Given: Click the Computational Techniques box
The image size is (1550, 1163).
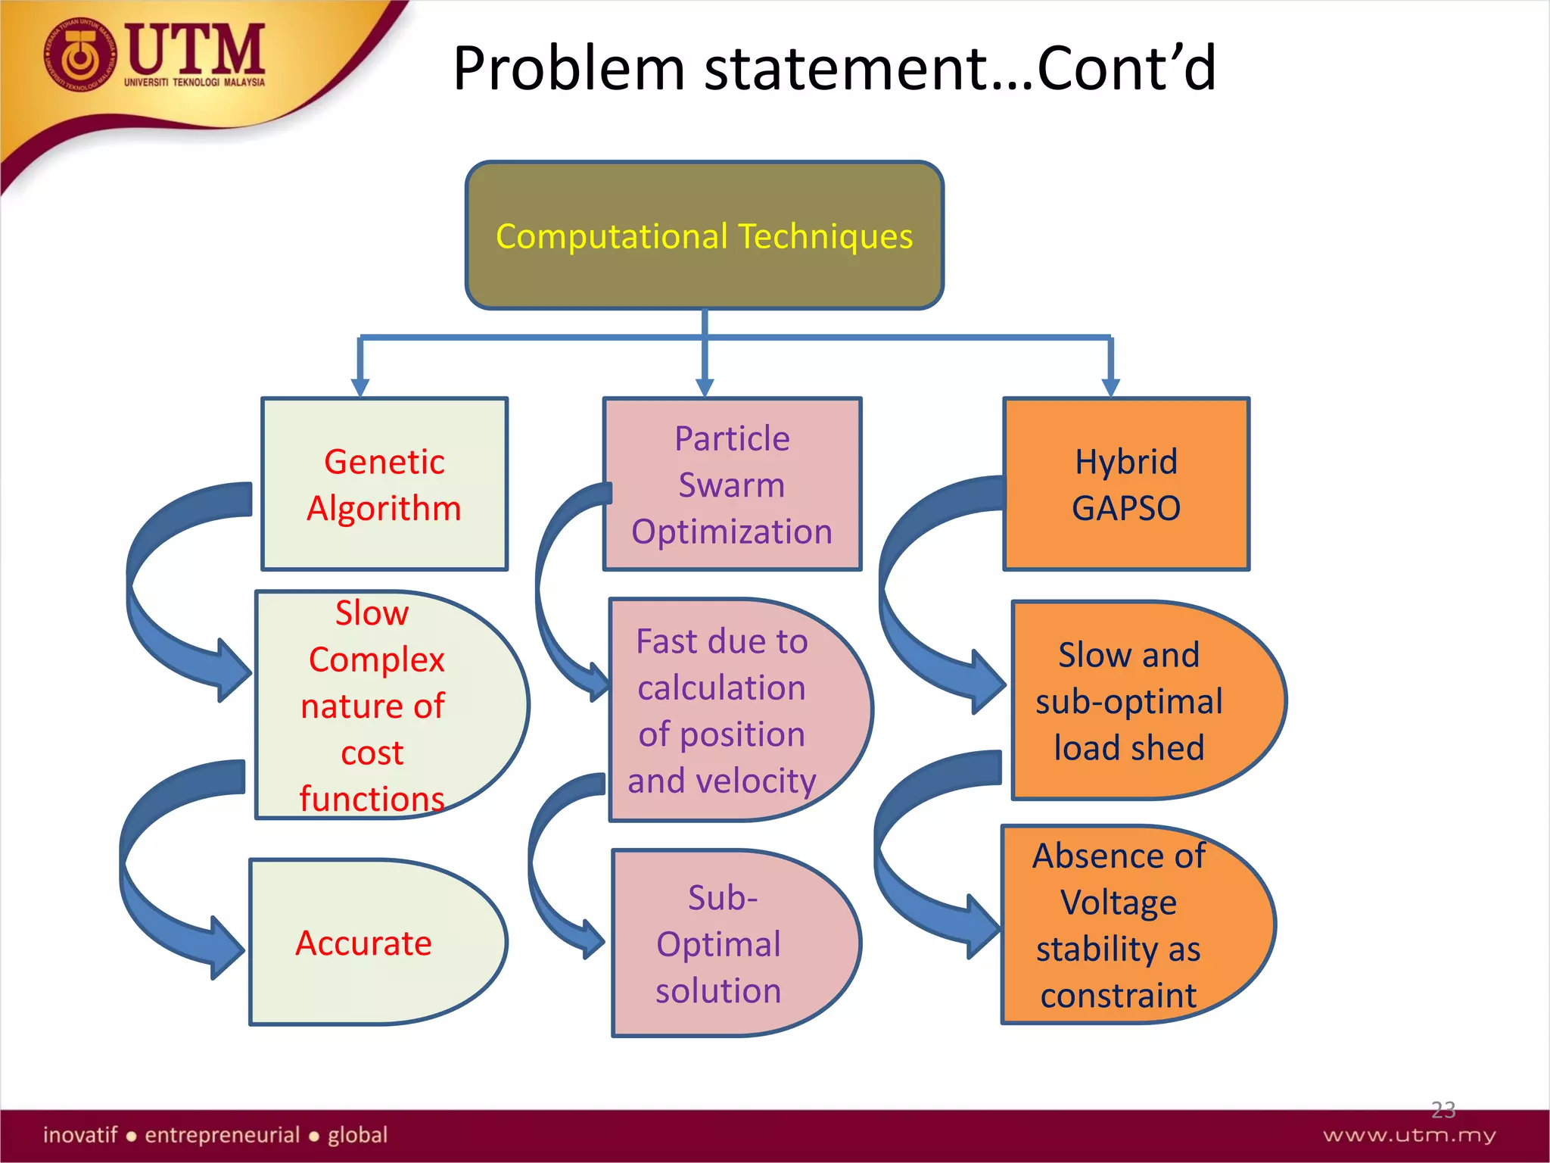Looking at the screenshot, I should [704, 235].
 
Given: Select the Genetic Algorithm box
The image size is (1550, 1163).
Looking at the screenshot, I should [384, 485].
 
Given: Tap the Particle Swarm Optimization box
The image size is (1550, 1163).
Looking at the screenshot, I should [732, 485].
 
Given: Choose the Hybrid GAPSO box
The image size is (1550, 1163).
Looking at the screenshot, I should [1125, 485].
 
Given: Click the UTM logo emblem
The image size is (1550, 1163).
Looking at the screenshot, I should [79, 57].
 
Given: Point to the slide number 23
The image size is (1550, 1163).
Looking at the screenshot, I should [1443, 1110].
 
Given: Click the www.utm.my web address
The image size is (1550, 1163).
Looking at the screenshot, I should [1409, 1135].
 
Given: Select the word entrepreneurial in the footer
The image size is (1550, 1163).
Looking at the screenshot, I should [223, 1135].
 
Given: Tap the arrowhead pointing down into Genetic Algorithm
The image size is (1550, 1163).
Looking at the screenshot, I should [360, 387].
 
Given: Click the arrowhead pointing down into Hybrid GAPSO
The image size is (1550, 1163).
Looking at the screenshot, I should [1110, 387].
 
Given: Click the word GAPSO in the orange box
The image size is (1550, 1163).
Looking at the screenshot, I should [1125, 508].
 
